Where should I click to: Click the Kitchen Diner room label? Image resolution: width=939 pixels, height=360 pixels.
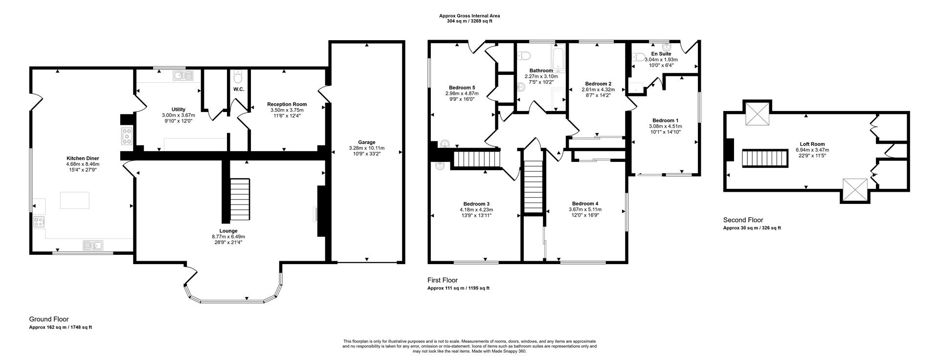[x=83, y=158]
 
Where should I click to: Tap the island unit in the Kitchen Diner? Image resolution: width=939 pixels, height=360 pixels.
[x=75, y=201]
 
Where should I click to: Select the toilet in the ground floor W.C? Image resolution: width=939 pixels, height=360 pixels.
[x=238, y=77]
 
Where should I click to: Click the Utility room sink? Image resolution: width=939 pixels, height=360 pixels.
[x=183, y=75]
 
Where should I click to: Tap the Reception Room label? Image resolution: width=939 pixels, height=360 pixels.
[x=287, y=104]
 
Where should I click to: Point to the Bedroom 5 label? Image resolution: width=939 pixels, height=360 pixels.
[x=462, y=88]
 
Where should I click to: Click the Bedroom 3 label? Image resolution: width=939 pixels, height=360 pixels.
[x=476, y=204]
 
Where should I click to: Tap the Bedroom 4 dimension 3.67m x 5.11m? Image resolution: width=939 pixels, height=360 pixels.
[x=585, y=209]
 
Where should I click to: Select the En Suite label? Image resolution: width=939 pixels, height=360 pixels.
[x=661, y=54]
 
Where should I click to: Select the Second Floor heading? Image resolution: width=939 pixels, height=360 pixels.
[x=743, y=220]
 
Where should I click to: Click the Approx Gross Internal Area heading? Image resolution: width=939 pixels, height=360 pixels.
[x=469, y=16]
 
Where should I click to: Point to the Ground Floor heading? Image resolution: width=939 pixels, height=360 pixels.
[x=49, y=319]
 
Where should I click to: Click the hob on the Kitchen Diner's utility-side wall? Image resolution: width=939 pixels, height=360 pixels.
[x=126, y=135]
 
